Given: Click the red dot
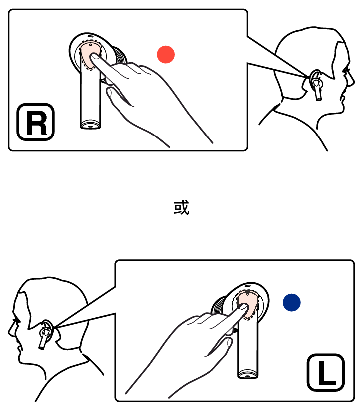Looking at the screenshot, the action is tap(166, 54).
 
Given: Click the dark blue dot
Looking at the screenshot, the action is tap(292, 302).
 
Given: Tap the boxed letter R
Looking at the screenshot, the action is tap(36, 122).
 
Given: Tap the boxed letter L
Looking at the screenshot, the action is tap(326, 372).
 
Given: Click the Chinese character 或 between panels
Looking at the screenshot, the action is tap(181, 208).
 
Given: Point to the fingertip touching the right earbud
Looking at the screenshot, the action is tap(94, 57).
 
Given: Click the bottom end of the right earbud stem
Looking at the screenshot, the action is tap(90, 126).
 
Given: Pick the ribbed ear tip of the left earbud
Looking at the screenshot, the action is tap(219, 306).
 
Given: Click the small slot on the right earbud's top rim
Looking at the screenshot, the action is tap(90, 36).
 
